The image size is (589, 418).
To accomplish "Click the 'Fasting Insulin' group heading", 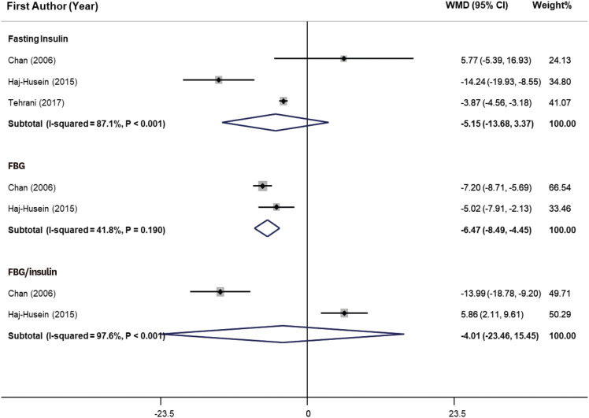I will tap(39, 38).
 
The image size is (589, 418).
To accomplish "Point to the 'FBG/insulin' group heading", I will tap(33, 272).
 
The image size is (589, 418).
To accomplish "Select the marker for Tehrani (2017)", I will tap(283, 101).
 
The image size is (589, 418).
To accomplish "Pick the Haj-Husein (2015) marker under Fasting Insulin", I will tap(219, 80).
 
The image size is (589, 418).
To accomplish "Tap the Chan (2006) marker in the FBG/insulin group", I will tap(220, 291).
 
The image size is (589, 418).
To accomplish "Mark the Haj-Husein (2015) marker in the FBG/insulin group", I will tap(344, 313).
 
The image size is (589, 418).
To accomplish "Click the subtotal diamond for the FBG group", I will tap(268, 227).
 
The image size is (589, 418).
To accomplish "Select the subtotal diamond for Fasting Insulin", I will tap(276, 123).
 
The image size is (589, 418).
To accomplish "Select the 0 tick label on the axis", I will tap(307, 411).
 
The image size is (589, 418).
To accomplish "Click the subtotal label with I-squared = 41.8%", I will tap(86, 228).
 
